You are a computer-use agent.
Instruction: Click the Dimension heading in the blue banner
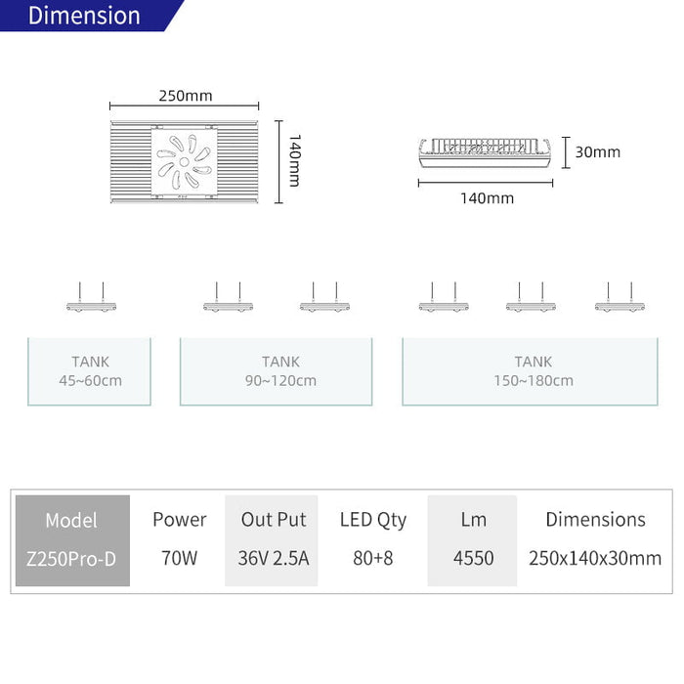[84, 16]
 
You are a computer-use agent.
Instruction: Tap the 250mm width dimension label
[186, 96]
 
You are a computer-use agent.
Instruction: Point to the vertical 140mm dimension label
[295, 161]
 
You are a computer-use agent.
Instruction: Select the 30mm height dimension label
[598, 151]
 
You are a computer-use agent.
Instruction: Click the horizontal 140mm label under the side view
[487, 198]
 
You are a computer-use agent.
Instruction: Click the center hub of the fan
[184, 162]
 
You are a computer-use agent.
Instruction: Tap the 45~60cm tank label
[90, 380]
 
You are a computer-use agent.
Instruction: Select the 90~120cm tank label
[280, 380]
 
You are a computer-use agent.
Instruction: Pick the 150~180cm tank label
[534, 380]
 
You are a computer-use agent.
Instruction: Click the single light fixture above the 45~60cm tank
[91, 298]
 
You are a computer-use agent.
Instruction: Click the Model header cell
[71, 520]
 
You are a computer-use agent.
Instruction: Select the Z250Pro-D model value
[71, 558]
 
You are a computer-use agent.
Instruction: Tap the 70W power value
[179, 558]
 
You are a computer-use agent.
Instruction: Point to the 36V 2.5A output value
[274, 558]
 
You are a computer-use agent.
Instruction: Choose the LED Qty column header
[373, 520]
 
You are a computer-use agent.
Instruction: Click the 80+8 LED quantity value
[373, 558]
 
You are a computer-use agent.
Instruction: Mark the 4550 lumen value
[473, 558]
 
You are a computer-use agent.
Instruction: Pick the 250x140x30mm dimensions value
[595, 558]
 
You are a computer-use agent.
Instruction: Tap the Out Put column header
[274, 520]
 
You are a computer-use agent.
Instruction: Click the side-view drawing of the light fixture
[485, 152]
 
